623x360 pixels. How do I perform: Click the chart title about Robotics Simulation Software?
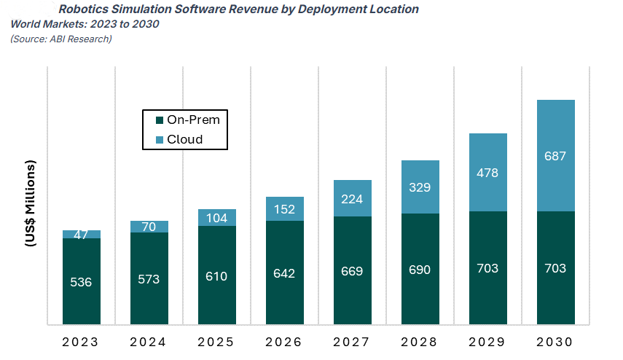pos(239,9)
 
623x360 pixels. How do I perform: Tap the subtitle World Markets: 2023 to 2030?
pos(85,24)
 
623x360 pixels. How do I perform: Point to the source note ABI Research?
pos(61,39)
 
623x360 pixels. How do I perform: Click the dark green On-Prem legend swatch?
pos(158,120)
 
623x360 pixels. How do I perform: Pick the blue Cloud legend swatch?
pos(158,139)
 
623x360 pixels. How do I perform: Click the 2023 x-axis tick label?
pos(82,341)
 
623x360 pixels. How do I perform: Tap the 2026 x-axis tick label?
pos(285,341)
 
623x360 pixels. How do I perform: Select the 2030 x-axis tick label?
pos(555,341)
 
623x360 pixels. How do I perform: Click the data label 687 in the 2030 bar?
pos(555,156)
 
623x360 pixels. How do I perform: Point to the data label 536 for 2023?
pos(81,282)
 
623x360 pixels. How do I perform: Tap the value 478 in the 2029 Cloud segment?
pos(487,173)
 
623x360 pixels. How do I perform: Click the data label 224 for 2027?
pos(353,199)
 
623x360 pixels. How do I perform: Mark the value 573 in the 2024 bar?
pos(149,278)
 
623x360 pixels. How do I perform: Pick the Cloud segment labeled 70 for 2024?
pos(149,227)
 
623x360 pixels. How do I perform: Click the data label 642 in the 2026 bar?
pos(285,273)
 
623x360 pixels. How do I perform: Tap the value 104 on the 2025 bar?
pos(217,218)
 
